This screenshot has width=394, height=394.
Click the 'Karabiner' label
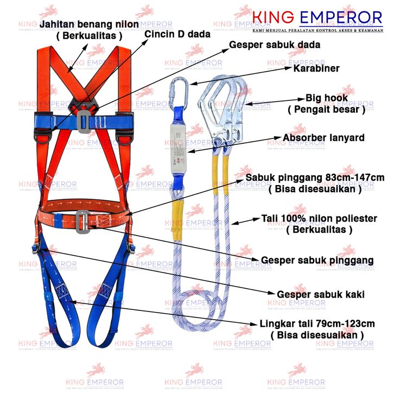point(316,69)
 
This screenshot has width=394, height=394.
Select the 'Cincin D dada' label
point(177,34)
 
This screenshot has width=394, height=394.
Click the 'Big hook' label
point(326,99)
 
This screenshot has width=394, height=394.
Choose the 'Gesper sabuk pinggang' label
point(317,260)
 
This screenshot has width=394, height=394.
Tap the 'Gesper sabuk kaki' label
point(320,294)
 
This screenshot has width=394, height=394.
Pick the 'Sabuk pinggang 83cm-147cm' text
point(315,179)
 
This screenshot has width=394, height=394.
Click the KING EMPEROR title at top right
point(317,18)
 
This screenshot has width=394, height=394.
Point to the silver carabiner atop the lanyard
point(180,92)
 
